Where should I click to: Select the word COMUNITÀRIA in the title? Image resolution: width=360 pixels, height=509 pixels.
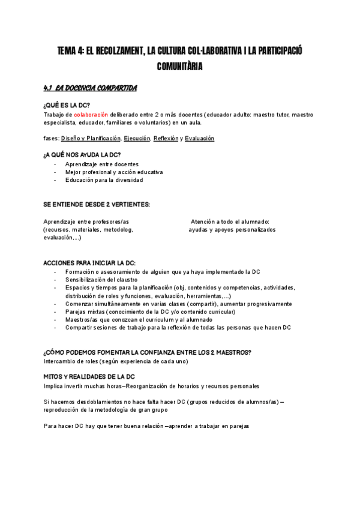coord(179,67)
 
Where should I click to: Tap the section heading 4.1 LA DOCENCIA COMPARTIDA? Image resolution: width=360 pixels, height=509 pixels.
coord(90,89)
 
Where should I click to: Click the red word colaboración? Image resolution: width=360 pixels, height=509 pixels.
coord(91,115)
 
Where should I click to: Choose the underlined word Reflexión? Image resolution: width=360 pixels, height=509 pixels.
coord(166,139)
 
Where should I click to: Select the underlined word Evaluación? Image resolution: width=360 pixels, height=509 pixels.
coord(199,139)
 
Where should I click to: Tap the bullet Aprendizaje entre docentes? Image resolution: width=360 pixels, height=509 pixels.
coord(101,164)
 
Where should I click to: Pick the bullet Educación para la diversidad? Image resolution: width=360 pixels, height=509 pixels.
coord(104,179)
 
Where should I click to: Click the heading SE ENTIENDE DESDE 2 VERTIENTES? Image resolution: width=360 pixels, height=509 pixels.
coord(97,205)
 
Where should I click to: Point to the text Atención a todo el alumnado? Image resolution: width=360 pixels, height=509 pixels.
coord(230,221)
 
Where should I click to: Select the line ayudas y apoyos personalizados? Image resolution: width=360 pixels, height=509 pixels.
coord(232,229)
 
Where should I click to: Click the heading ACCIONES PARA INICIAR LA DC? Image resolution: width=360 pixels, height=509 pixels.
coord(89,263)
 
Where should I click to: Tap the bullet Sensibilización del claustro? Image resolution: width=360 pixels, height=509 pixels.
coord(101,280)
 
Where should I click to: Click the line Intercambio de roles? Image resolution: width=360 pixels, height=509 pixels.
coord(116,361)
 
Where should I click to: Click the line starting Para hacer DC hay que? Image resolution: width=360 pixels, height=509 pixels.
coord(146,426)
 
